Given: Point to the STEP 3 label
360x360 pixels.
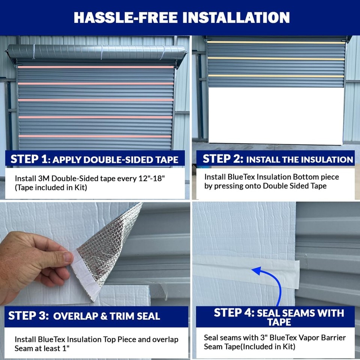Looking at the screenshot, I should click(x=28, y=315).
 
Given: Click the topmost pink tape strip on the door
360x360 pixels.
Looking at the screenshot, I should click(x=96, y=67).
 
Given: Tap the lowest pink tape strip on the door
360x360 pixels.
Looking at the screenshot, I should click(x=96, y=136).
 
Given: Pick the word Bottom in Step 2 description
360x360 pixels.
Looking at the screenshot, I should click(x=310, y=177).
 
